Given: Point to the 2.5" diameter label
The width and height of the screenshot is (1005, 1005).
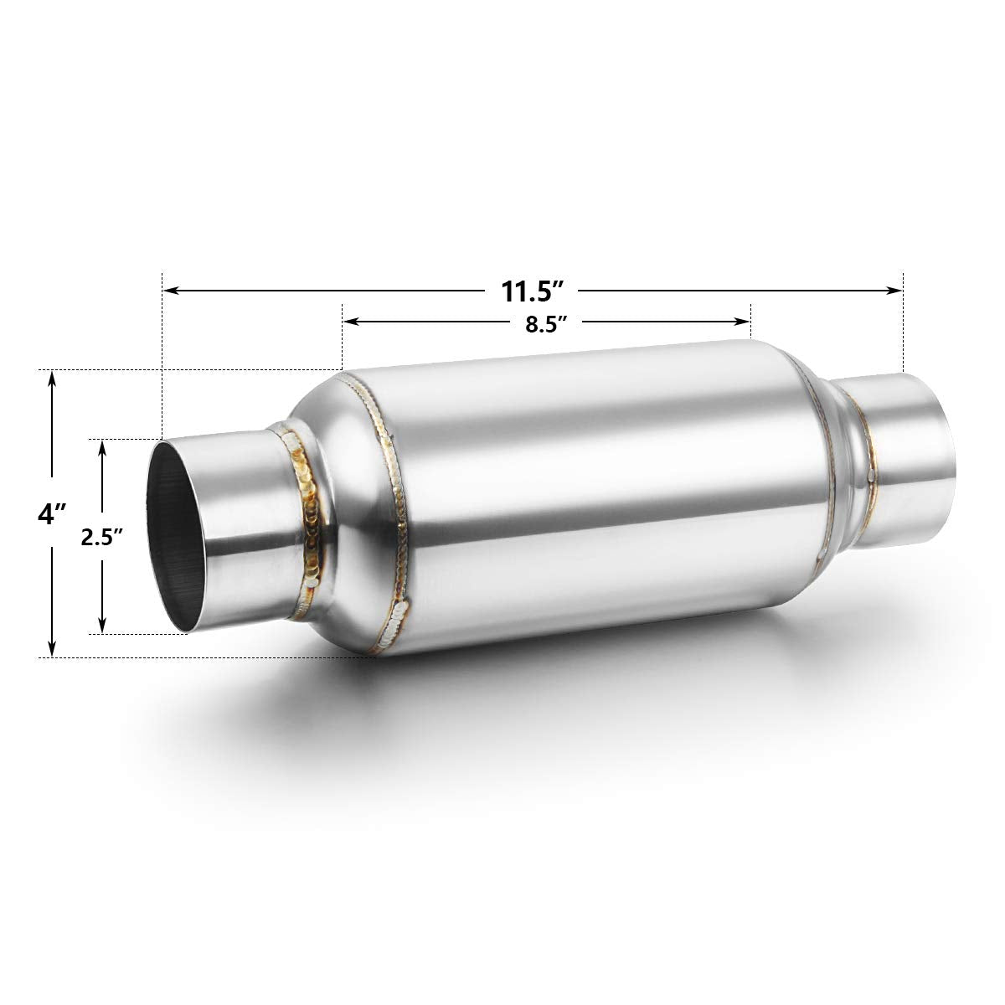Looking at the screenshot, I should pos(102,537).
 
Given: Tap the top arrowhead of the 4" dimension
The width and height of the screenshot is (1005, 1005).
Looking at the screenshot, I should pos(52,378).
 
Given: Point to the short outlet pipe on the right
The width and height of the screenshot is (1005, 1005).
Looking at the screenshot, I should pos(909,452).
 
